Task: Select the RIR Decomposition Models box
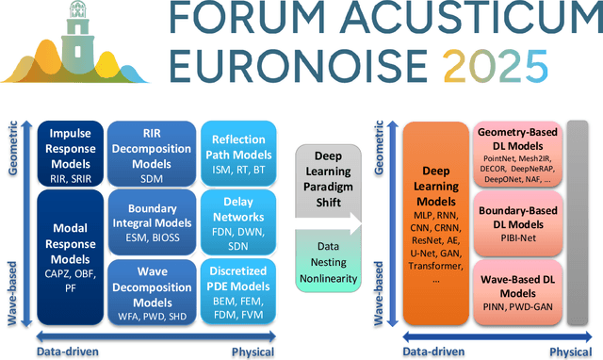pyautogui.click(x=150, y=153)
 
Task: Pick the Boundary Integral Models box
pyautogui.click(x=150, y=219)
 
